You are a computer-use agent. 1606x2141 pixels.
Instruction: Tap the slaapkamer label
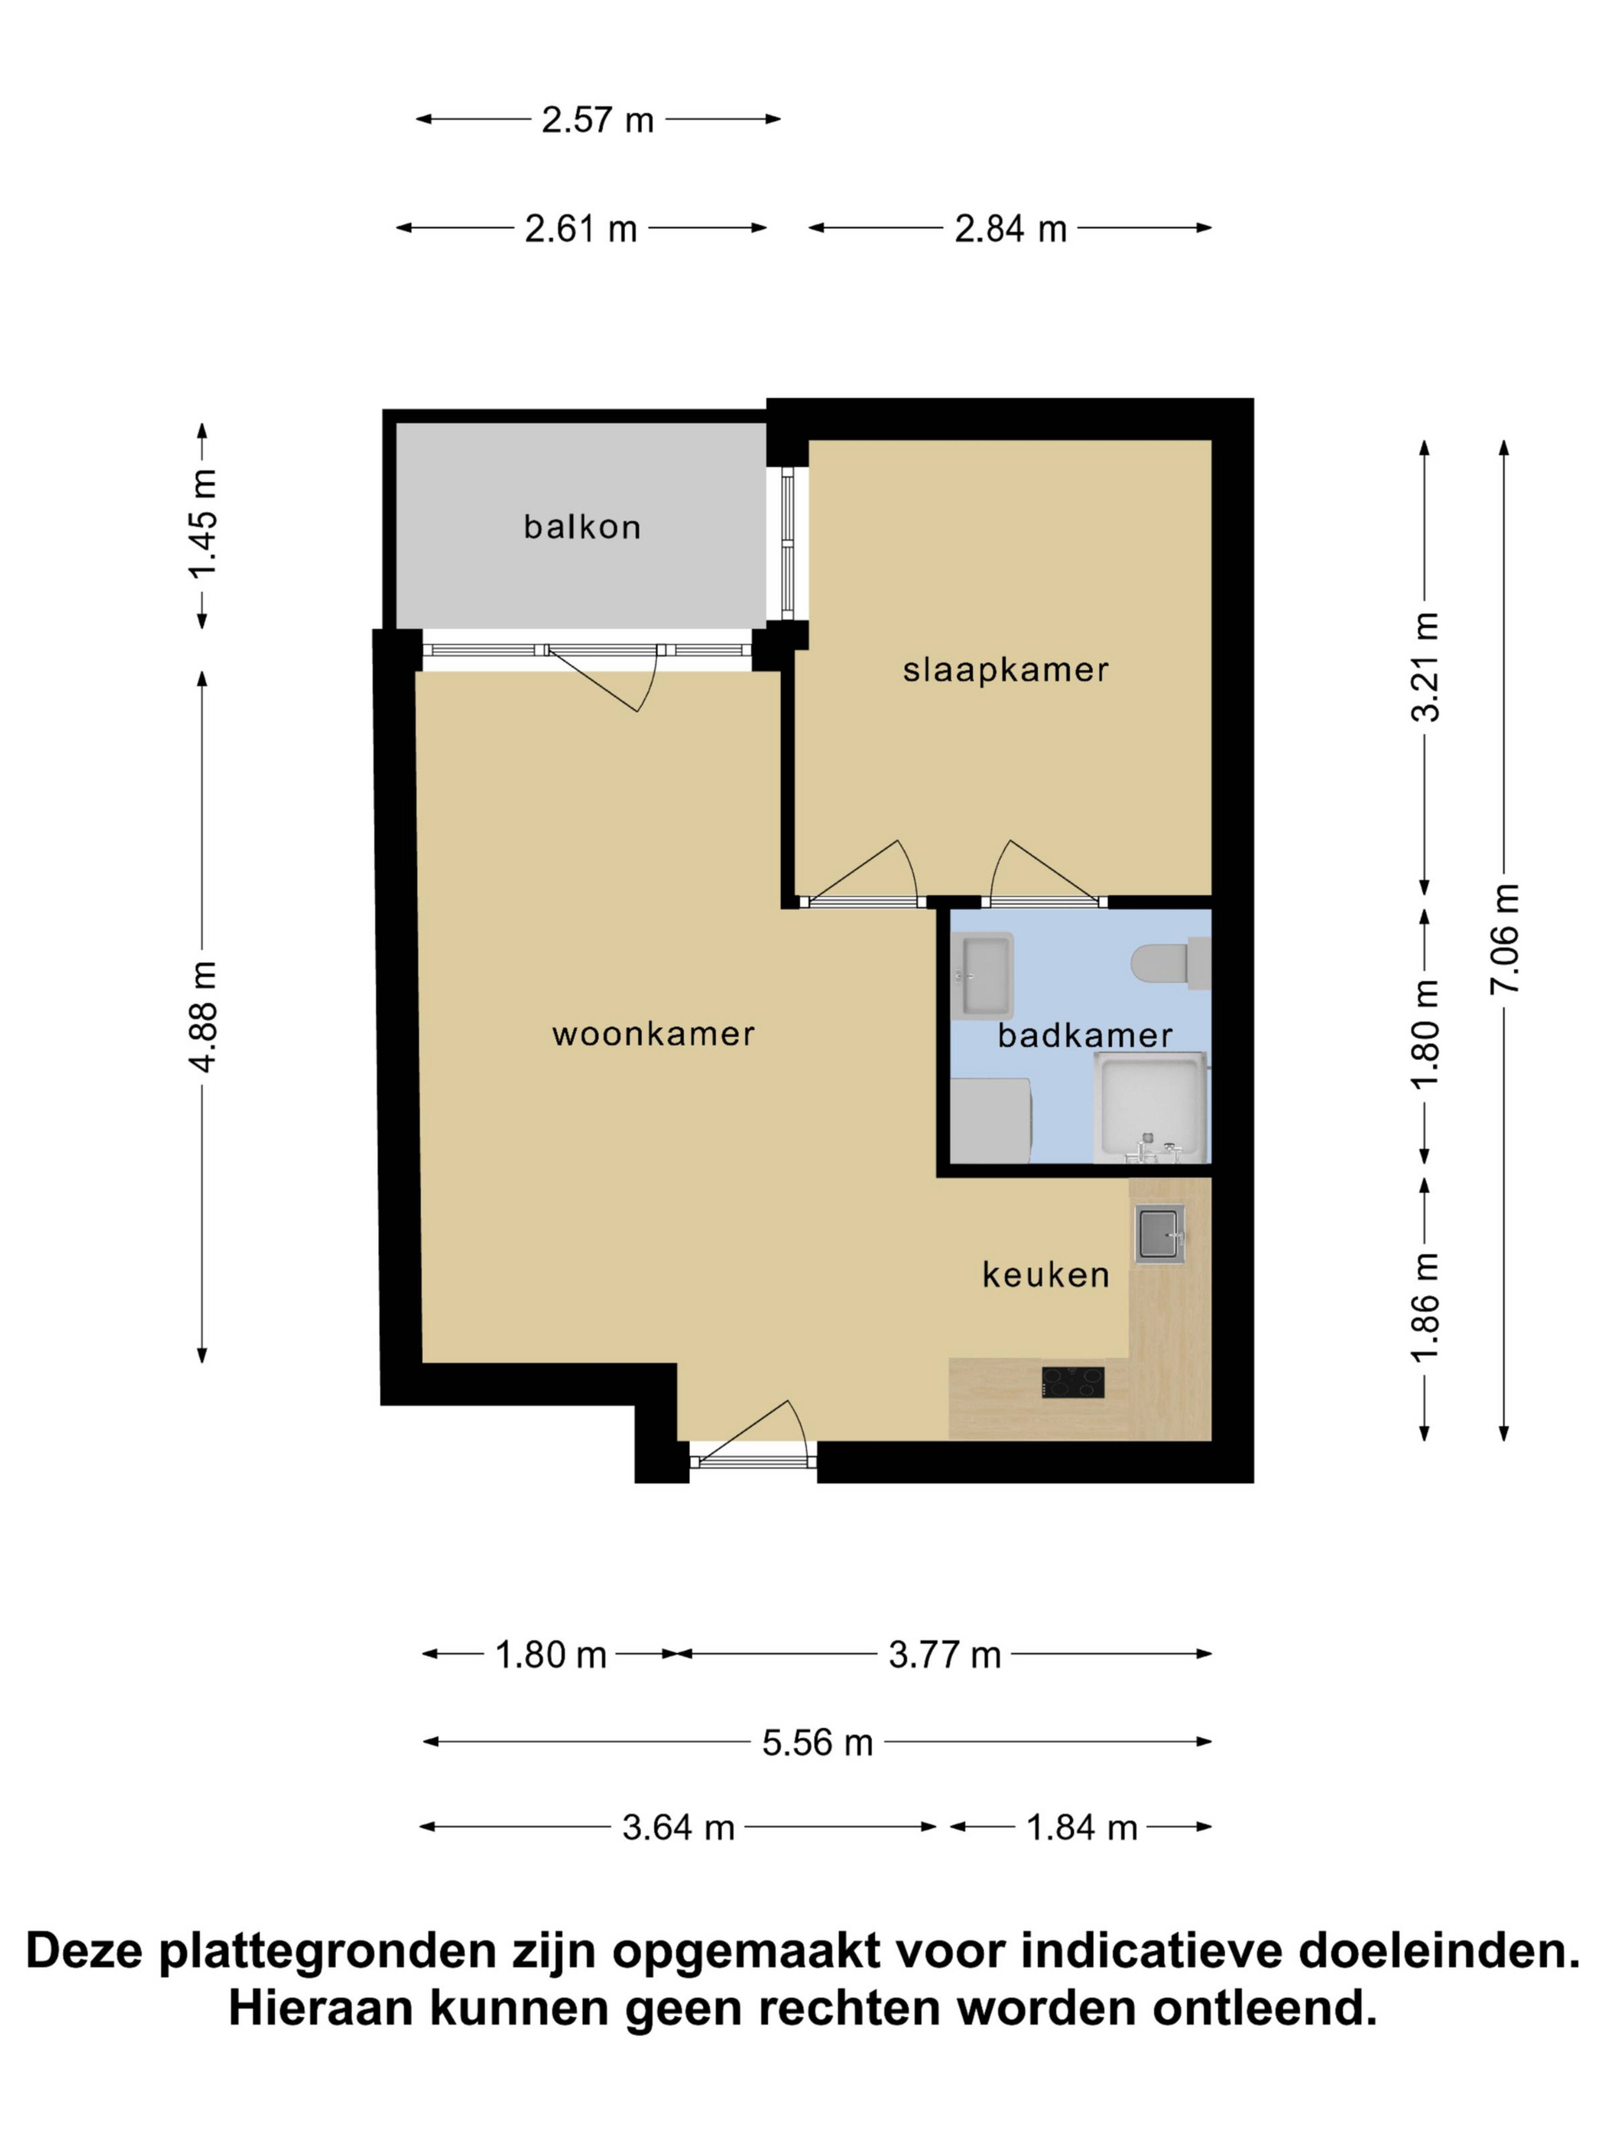tap(1005, 670)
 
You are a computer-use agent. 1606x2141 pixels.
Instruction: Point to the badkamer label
tap(1085, 1036)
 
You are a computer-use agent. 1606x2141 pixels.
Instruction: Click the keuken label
tap(1046, 1275)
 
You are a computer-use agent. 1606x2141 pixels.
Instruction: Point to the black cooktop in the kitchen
tap(1073, 1381)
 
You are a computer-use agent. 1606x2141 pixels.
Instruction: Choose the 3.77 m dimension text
tap(945, 1655)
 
